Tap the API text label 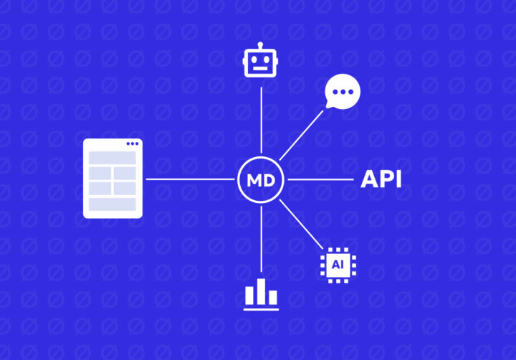tap(381, 179)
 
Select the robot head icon tap(260, 60)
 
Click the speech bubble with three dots tap(343, 91)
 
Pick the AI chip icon tap(338, 265)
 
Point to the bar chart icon tap(261, 294)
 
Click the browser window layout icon tap(113, 179)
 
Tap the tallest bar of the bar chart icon tap(262, 291)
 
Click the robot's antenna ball tap(260, 44)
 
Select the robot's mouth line tap(260, 69)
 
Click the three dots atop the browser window tap(133, 143)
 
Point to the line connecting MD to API tap(320, 179)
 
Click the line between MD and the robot tap(262, 120)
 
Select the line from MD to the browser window tap(190, 179)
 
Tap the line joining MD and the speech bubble tap(302, 136)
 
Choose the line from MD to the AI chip tap(301, 224)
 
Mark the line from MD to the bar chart tap(262, 239)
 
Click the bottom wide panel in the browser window tap(113, 204)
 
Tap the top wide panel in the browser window tap(113, 158)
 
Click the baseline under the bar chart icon tap(261, 310)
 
